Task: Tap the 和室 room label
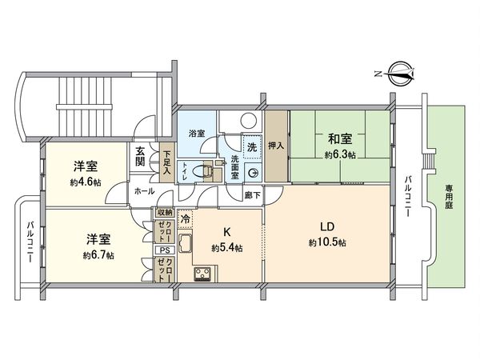[335, 138]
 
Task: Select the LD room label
[326, 226]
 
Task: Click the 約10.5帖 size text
[326, 242]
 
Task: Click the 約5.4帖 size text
[227, 249]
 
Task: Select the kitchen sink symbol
[184, 246]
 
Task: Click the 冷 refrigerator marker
[185, 218]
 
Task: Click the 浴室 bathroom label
[196, 133]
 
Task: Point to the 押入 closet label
[274, 146]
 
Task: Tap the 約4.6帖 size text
[85, 181]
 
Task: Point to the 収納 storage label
[165, 212]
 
